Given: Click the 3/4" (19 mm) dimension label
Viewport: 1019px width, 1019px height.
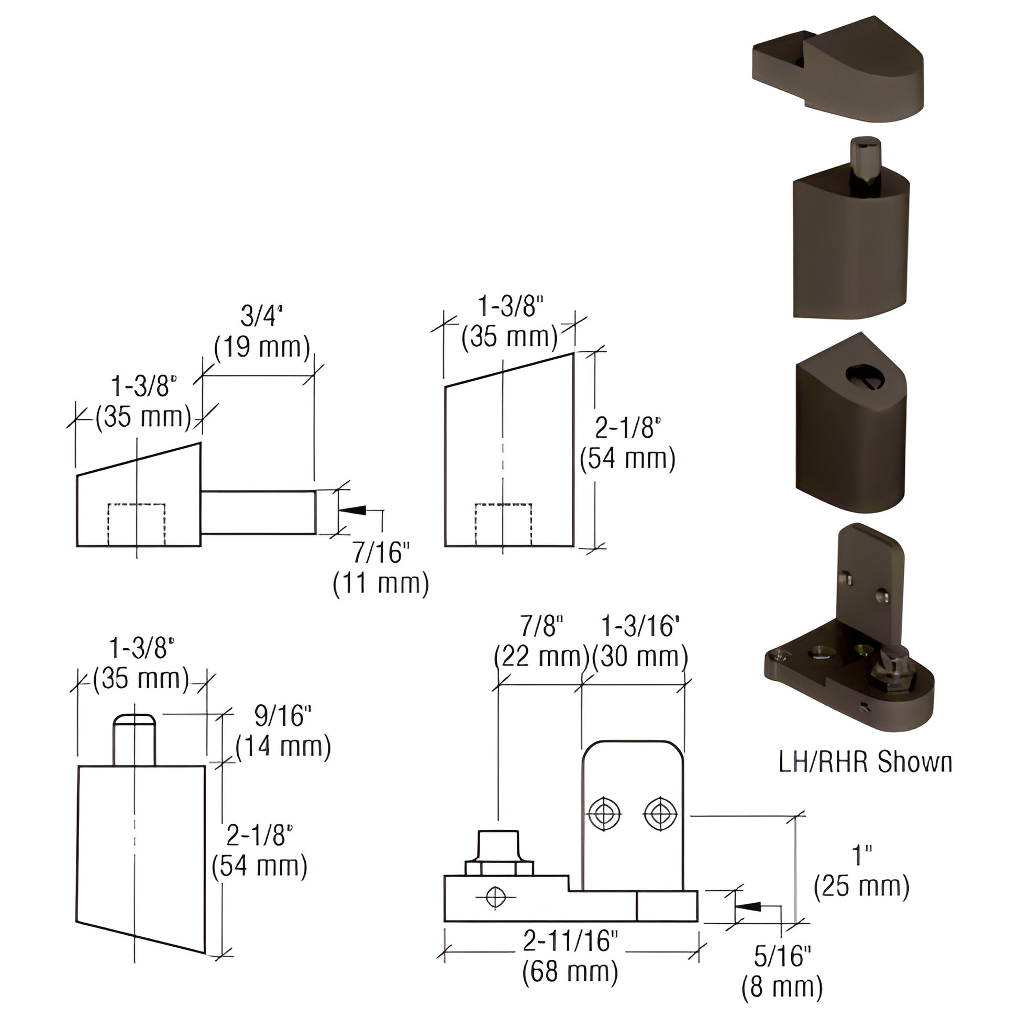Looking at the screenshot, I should click(262, 332).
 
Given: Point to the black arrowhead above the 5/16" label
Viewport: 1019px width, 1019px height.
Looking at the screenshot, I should click(747, 906).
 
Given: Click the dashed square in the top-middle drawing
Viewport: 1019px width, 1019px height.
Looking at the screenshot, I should click(503, 524).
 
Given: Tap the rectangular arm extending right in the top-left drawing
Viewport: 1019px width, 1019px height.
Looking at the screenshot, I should click(259, 512).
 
